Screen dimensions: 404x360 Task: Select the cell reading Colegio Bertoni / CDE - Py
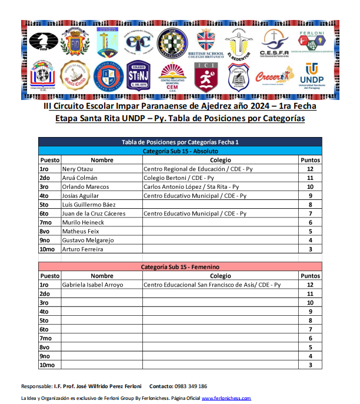(179, 178)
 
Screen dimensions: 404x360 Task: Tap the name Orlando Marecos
(85, 186)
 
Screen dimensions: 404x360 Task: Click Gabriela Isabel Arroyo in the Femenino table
(92, 285)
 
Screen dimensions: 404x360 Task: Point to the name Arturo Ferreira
(82, 249)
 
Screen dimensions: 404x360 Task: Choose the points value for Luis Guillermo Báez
(309, 205)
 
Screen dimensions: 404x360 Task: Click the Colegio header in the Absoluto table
(221, 160)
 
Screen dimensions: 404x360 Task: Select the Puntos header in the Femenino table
(309, 276)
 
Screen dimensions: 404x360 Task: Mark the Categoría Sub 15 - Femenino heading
(180, 267)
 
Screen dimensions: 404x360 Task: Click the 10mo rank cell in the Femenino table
(46, 365)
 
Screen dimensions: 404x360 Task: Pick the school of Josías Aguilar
(195, 195)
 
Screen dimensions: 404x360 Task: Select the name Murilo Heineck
(83, 222)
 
